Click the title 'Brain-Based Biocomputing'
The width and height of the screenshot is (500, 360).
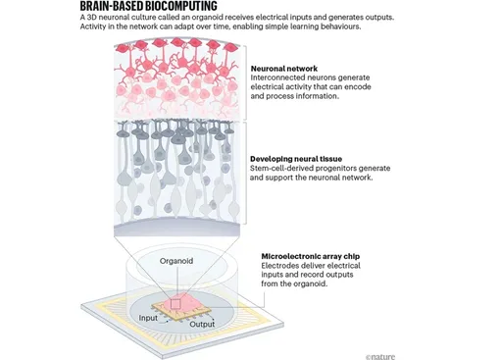[149, 6]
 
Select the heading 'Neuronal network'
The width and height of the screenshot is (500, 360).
[284, 69]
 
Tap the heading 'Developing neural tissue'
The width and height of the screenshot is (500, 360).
[296, 159]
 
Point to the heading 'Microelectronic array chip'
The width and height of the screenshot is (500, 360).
[311, 256]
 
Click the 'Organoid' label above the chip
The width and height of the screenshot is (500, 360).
[176, 261]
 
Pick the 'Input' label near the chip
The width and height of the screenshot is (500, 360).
[148, 318]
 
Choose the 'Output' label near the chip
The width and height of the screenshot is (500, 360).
[202, 324]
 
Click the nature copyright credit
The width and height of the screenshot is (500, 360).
[380, 357]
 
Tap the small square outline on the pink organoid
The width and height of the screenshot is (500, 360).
[175, 304]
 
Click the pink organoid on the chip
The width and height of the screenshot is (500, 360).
[183, 303]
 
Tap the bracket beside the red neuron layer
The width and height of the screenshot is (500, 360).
[246, 82]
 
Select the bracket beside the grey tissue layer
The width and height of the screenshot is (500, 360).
[246, 174]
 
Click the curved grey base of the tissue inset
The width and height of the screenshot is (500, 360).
[176, 227]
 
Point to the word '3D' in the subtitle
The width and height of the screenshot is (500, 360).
[92, 18]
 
